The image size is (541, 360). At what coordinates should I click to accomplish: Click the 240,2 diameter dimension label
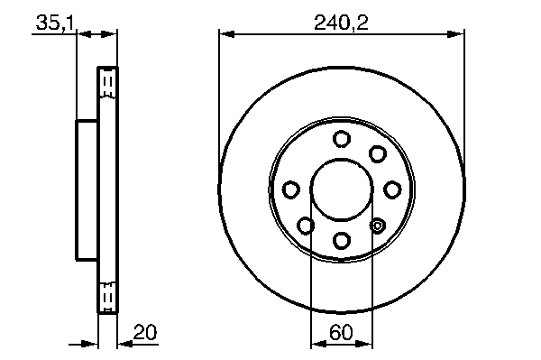341,23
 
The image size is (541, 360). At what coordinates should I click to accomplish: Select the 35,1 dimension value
55,23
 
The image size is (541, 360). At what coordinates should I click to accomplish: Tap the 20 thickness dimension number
145,332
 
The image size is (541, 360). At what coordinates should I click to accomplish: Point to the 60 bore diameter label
341,332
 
